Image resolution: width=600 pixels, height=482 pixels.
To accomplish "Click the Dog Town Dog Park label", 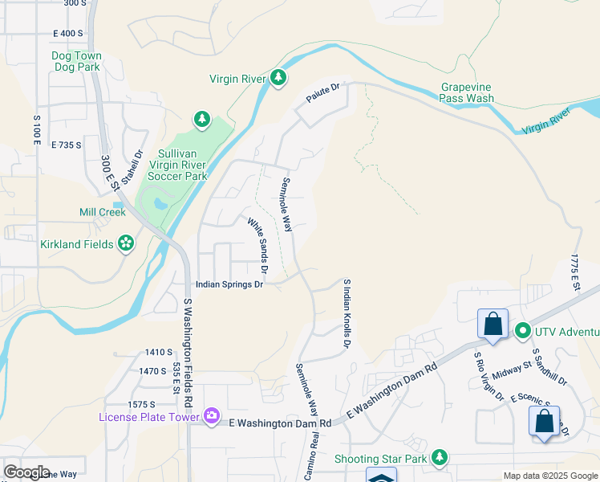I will (x=76, y=61).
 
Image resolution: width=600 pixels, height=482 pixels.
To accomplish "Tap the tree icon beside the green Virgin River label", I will (x=278, y=78).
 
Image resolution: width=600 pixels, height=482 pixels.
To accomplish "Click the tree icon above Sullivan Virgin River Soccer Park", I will (x=201, y=120).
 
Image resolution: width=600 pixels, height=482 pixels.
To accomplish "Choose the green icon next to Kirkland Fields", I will (x=125, y=243).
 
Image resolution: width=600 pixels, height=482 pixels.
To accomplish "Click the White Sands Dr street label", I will (x=257, y=245).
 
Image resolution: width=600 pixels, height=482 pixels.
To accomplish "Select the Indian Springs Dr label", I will (x=230, y=284).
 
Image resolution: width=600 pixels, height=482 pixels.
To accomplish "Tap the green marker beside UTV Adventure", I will (x=522, y=331).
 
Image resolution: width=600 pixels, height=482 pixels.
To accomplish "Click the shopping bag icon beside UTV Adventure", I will (x=493, y=325).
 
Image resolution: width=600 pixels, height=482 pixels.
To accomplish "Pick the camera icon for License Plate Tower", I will (x=211, y=415).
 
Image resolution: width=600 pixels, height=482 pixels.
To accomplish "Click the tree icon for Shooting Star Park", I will (x=438, y=458).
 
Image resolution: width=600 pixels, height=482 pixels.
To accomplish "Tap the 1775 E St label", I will (x=574, y=272).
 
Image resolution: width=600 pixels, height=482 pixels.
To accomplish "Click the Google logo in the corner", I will (x=26, y=472).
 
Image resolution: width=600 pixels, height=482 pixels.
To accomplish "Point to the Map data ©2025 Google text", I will (x=549, y=476).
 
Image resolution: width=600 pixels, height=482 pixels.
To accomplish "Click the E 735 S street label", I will (x=67, y=145).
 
